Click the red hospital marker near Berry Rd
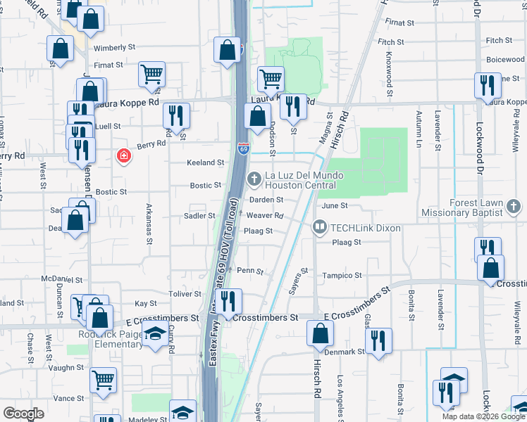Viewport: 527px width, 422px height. tap(124, 155)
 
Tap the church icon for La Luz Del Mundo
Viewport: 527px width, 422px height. tap(254, 180)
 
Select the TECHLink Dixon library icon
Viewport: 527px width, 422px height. tap(319, 227)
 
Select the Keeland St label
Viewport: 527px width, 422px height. tap(205, 162)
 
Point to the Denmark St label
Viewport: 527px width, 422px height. tap(345, 351)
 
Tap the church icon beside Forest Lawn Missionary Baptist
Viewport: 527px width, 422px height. tap(515, 207)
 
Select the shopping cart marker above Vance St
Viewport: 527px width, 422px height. tap(103, 380)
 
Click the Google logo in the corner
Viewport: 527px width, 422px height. tap(23, 413)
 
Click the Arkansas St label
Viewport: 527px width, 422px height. tap(149, 224)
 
